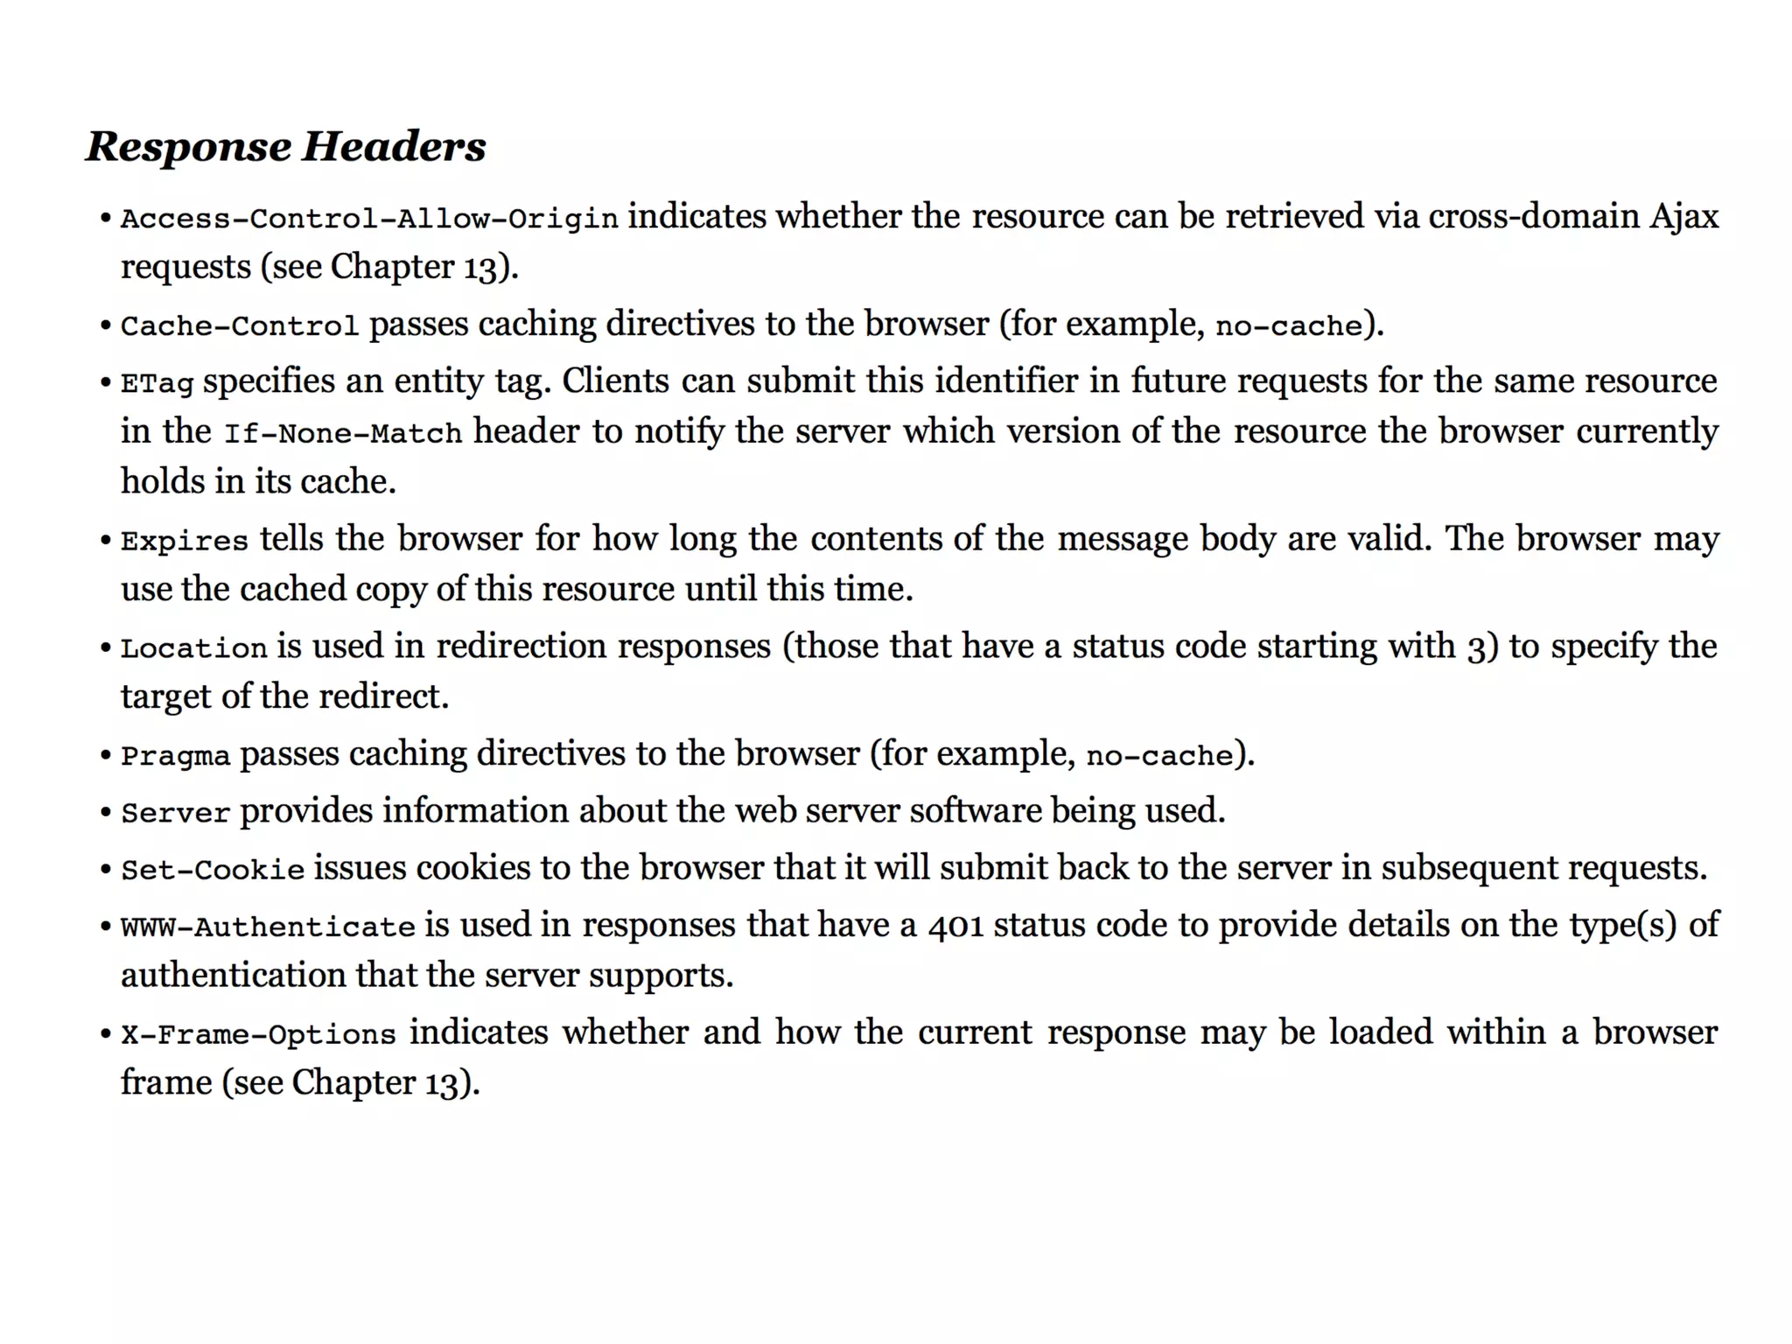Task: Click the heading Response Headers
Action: [x=285, y=146]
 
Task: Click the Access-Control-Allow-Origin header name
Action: [x=369, y=218]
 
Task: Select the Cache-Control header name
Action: [x=240, y=325]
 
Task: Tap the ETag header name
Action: [x=157, y=382]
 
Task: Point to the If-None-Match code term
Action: [x=343, y=433]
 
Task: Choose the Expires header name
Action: [x=185, y=541]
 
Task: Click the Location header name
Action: [x=193, y=648]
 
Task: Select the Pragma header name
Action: [x=175, y=756]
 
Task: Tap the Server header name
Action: [x=175, y=813]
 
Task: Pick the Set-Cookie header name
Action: [x=213, y=870]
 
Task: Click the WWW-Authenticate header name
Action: [x=268, y=927]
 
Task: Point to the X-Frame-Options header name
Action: [x=258, y=1034]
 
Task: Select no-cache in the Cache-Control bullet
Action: [x=1289, y=325]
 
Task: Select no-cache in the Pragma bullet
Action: [x=1159, y=756]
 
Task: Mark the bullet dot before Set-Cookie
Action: [x=105, y=870]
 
